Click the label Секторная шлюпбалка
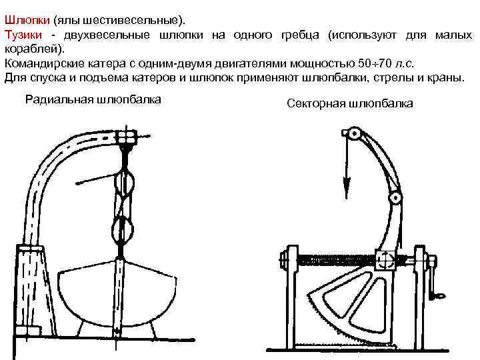349,104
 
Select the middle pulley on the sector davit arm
395,198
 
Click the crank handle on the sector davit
438,291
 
